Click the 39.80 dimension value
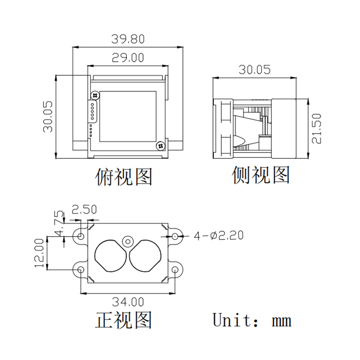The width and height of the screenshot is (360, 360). [x=128, y=39]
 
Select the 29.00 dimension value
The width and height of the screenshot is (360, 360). [x=128, y=58]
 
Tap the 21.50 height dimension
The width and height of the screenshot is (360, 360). [x=317, y=129]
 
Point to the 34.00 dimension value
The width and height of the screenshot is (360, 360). [x=128, y=302]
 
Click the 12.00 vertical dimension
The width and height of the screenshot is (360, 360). [x=40, y=253]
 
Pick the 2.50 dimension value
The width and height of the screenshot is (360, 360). [x=84, y=209]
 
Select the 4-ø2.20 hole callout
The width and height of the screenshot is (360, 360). [x=219, y=235]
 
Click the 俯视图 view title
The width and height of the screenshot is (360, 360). [x=123, y=176]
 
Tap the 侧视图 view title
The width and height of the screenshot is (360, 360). [x=261, y=175]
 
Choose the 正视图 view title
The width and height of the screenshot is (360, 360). [x=123, y=320]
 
